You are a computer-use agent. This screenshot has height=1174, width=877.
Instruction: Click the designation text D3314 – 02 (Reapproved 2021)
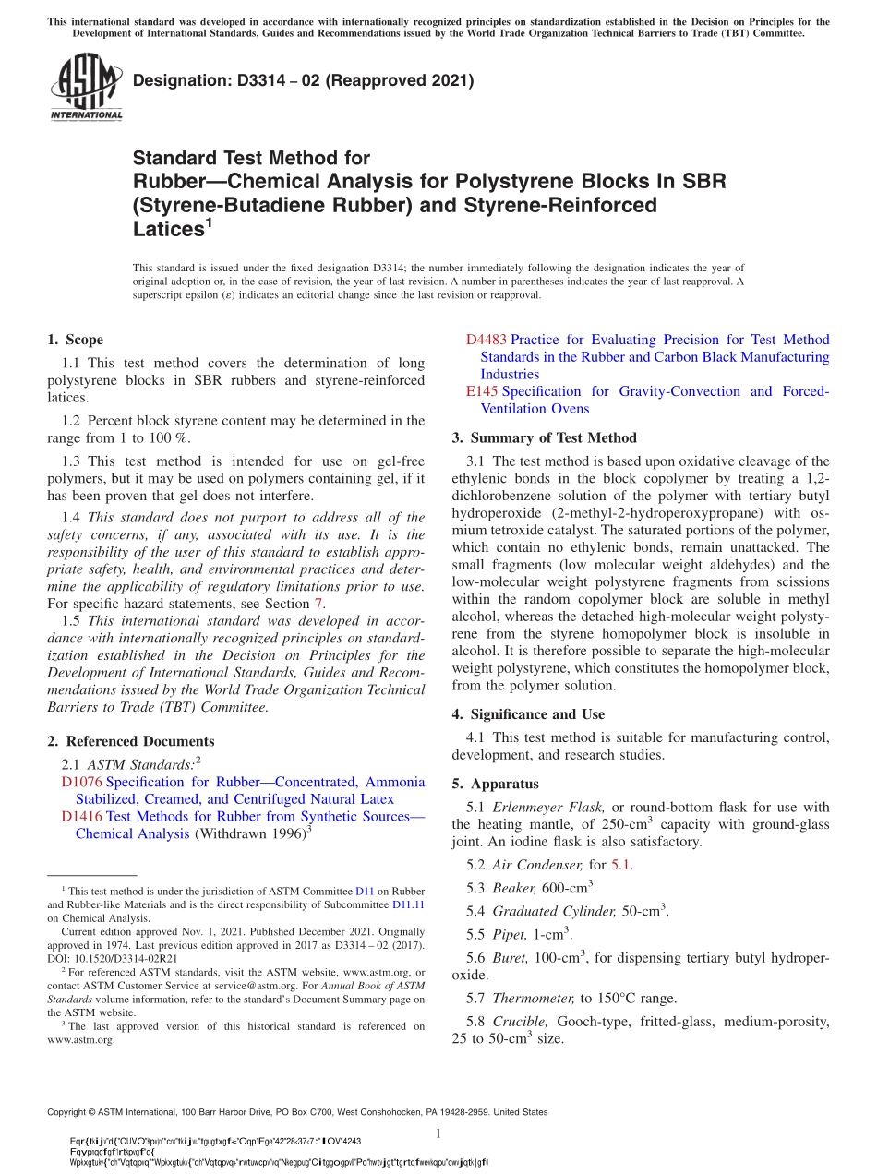303,80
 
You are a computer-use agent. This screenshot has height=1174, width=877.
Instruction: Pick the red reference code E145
482,391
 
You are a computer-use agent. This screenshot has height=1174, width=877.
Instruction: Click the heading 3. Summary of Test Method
545,437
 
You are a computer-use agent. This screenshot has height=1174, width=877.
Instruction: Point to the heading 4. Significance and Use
528,713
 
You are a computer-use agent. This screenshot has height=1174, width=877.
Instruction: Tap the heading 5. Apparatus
495,784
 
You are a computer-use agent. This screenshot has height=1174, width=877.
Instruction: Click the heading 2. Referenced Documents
131,741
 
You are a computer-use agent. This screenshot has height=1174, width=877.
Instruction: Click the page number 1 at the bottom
438,1133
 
